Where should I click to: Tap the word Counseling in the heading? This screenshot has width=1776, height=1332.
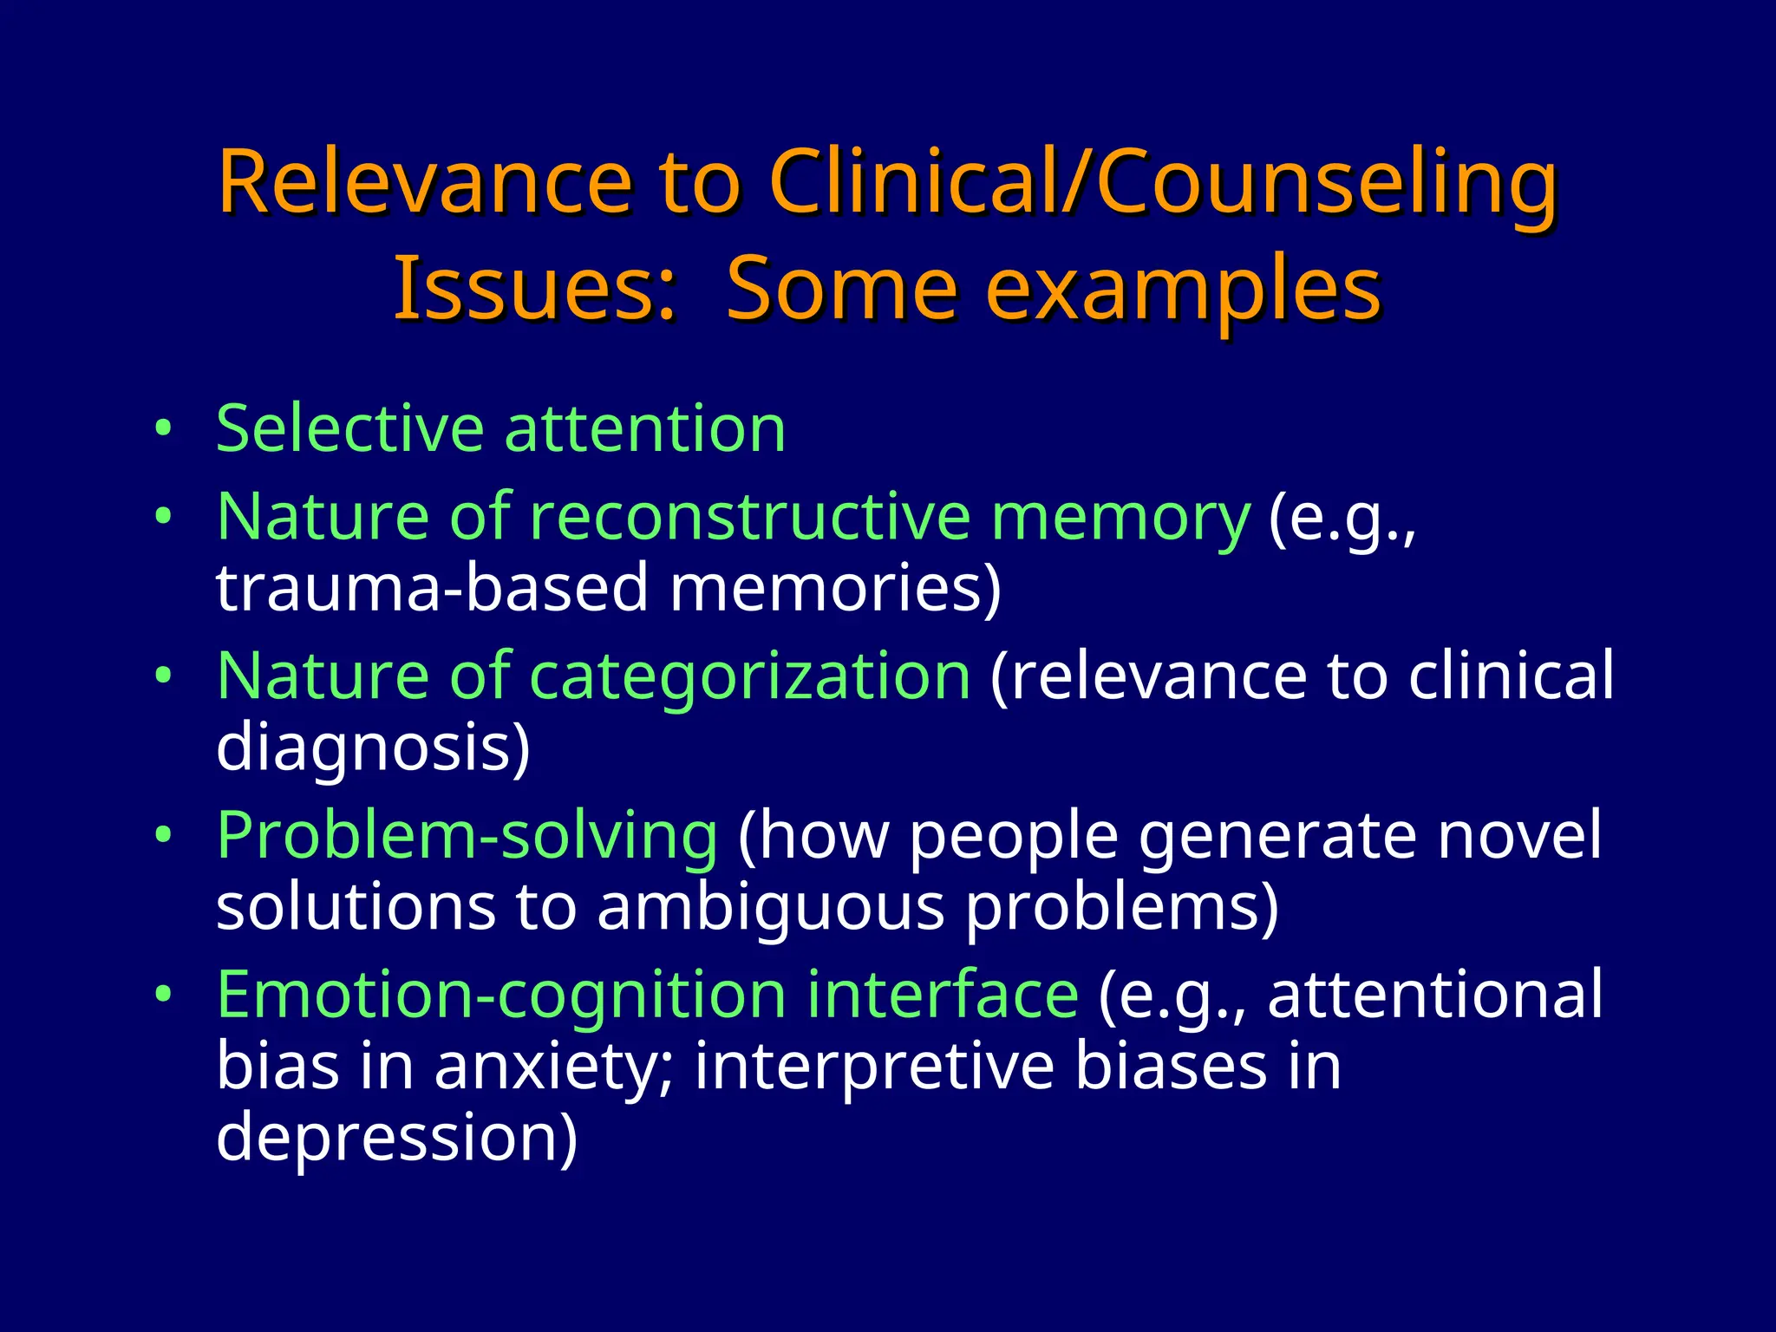click(x=1327, y=184)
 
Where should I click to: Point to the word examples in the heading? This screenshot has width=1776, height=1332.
click(x=1183, y=291)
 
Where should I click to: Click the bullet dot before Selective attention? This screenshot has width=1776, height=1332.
click(x=163, y=429)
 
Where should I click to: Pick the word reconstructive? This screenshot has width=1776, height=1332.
click(x=749, y=517)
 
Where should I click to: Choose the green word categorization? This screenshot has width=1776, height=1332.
click(x=749, y=676)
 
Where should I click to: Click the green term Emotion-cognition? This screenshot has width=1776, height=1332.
click(x=500, y=994)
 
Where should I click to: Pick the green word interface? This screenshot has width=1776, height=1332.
click(x=943, y=994)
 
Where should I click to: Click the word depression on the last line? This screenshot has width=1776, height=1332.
click(x=395, y=1138)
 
